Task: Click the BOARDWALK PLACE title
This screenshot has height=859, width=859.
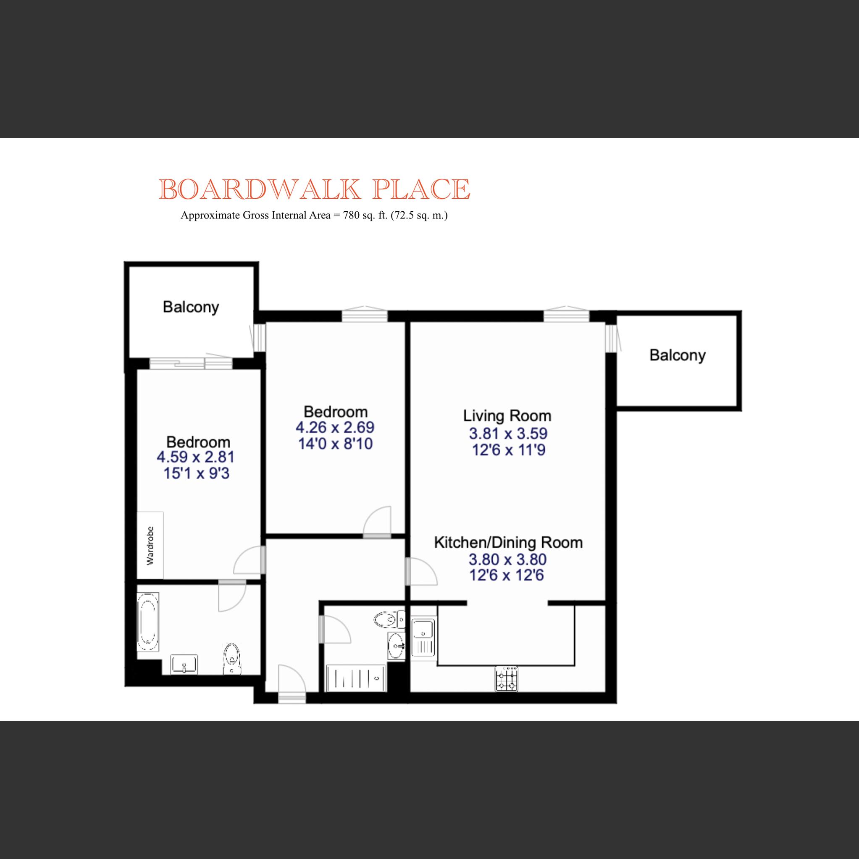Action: coord(314,189)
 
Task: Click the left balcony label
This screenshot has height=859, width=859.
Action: coord(191,307)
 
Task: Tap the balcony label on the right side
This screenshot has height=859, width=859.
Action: coord(677,355)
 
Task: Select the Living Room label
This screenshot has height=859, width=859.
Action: coord(507,416)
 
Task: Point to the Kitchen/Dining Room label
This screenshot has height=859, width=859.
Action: coord(508,542)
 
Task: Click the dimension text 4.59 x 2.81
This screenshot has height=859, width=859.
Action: coord(195,457)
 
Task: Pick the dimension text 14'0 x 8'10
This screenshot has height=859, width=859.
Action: coord(335,444)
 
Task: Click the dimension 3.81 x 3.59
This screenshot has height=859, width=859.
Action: coord(508,433)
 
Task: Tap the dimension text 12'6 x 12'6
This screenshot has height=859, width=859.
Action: coord(507,575)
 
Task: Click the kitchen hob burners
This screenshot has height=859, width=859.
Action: coord(507,678)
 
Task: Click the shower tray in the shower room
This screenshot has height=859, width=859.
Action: coord(356,678)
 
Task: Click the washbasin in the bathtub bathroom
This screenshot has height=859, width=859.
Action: coord(184,664)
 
